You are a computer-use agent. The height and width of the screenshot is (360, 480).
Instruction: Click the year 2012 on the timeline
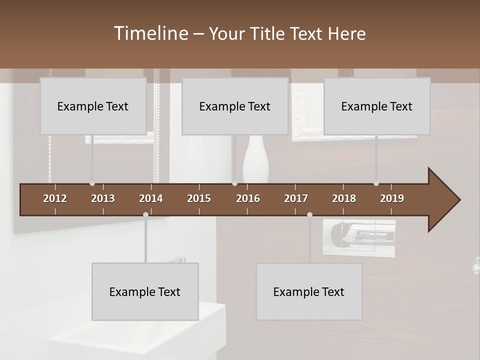coord(55,198)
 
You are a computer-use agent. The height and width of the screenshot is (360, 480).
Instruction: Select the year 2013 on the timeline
coord(103,198)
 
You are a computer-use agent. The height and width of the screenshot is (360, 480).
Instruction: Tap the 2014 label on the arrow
coord(151,198)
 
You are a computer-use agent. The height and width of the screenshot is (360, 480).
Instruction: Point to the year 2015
coord(199,198)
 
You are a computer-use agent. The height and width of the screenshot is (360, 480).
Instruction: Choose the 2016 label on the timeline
coord(248,198)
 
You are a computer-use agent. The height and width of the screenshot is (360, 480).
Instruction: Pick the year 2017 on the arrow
coord(296,198)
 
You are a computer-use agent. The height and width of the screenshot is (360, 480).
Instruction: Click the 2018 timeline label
coord(344,198)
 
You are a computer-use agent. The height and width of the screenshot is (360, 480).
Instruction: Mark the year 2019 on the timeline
coord(392,198)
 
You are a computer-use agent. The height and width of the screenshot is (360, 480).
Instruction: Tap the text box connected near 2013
coord(93,106)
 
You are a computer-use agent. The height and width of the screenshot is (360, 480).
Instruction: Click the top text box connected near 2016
coord(235,106)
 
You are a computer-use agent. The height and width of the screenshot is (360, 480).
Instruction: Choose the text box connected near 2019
coord(377,106)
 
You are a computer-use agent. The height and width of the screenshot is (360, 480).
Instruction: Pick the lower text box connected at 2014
coord(145,291)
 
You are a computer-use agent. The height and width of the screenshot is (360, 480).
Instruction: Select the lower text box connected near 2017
coord(309,291)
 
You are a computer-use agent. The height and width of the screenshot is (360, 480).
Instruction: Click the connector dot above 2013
coord(92,183)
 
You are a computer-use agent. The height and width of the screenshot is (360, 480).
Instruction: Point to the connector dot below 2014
coord(145,214)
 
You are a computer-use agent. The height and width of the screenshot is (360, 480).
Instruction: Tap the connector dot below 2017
coord(309,214)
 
